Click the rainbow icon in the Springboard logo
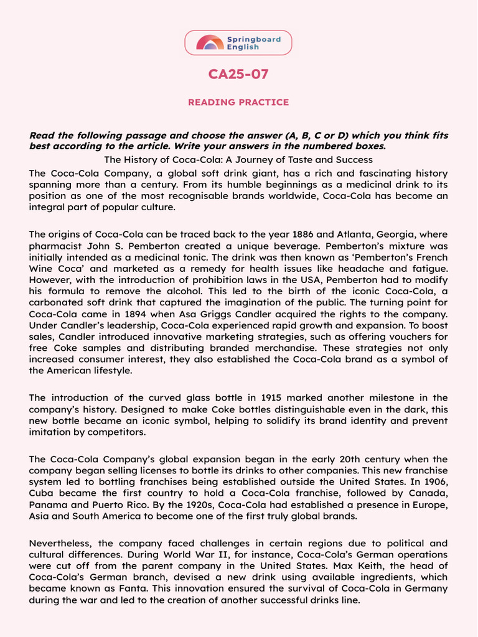(210, 42)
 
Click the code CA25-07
(238, 75)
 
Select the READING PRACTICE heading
(238, 102)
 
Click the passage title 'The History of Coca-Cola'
(238, 160)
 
